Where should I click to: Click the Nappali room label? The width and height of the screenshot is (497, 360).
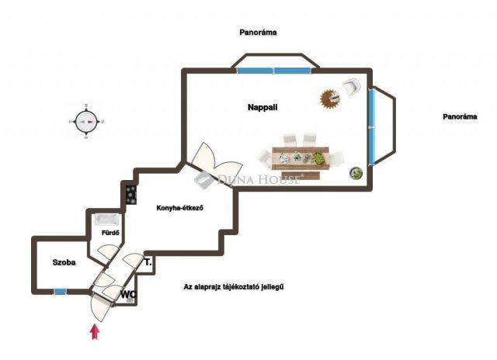[262, 107]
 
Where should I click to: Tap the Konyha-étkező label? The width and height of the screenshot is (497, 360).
[179, 208]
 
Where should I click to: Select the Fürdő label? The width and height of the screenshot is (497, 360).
[110, 233]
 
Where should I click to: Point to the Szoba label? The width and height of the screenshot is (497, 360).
[64, 262]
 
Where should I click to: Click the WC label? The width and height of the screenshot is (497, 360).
[128, 294]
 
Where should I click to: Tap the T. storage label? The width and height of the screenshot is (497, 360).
[148, 262]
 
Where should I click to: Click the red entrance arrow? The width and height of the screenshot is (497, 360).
[95, 331]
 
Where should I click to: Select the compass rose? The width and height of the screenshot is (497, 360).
[86, 122]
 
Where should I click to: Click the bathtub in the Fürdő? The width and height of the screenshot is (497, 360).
[106, 219]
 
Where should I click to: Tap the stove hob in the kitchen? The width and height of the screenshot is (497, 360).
[131, 195]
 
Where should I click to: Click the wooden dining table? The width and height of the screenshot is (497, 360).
[301, 158]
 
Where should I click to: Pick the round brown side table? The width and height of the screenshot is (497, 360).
[331, 99]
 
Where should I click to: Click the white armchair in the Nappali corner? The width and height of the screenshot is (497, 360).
[352, 86]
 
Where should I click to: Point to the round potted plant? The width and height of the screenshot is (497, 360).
[356, 173]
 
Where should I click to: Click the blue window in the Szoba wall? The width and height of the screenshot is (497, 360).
[60, 291]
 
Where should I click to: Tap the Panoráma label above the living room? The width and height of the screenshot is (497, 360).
[258, 33]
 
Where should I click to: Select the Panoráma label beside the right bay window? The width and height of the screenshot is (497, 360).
[460, 116]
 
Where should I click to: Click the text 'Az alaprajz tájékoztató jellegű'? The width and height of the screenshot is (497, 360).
[234, 287]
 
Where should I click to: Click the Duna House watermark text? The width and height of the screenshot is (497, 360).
[259, 180]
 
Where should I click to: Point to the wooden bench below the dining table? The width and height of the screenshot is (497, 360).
[301, 175]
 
